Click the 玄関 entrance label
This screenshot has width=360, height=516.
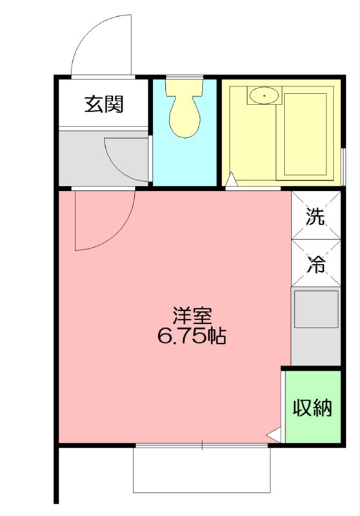[103, 104]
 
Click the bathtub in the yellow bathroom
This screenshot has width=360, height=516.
[306, 135]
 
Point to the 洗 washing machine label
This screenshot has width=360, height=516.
[315, 217]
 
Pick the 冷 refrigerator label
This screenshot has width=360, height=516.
[315, 263]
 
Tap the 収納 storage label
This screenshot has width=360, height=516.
[313, 408]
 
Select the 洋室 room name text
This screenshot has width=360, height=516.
[192, 317]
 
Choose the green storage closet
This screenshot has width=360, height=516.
[313, 406]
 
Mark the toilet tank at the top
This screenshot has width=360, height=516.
[185, 86]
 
